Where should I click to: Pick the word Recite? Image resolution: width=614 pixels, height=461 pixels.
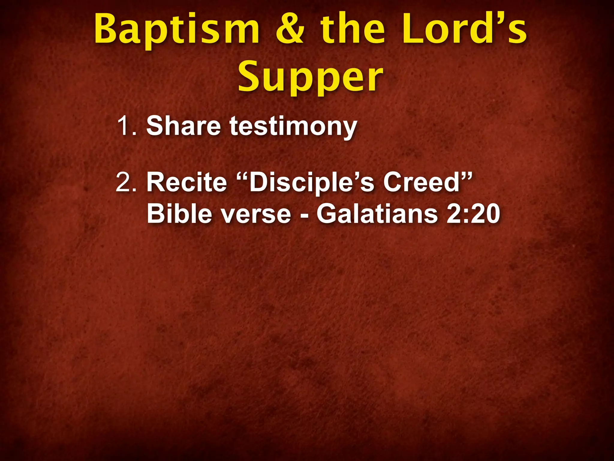pos(186,182)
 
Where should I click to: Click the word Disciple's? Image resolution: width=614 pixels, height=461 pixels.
pos(312,183)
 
